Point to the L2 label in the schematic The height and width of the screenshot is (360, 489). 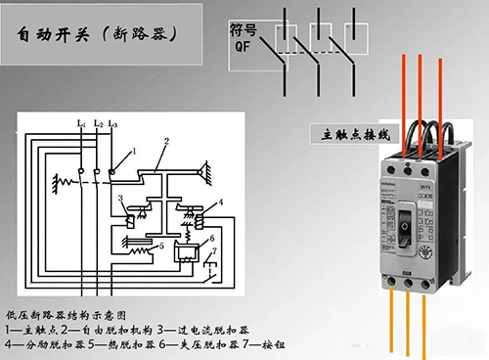pyautogui.click(x=98, y=124)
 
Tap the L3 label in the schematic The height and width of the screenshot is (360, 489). pyautogui.click(x=113, y=124)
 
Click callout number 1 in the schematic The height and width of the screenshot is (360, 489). pyautogui.click(x=134, y=151)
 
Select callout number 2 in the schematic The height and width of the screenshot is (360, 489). pyautogui.click(x=167, y=142)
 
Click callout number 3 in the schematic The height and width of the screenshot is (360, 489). pyautogui.click(x=120, y=200)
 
